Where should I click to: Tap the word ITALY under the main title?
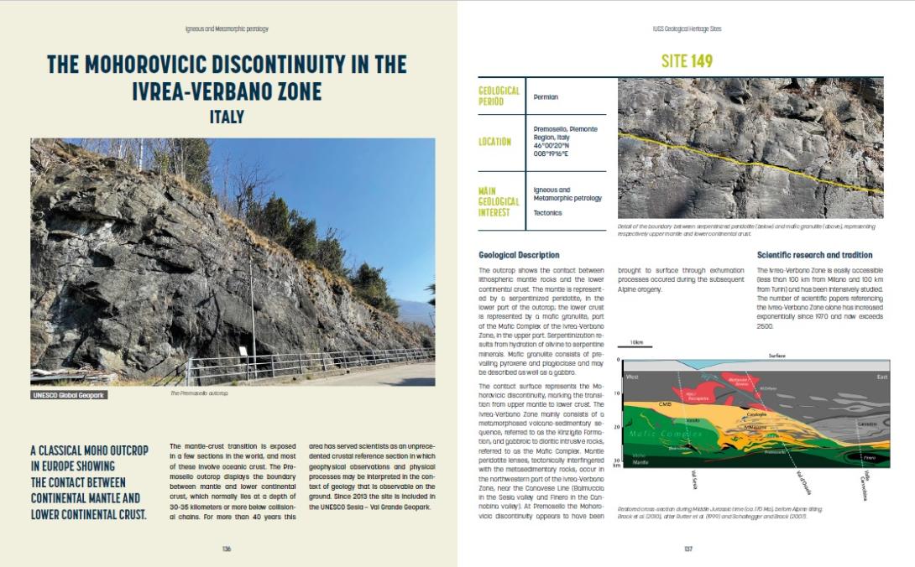pyautogui.click(x=227, y=117)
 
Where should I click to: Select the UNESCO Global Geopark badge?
pyautogui.click(x=70, y=394)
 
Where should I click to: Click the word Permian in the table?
pyautogui.click(x=546, y=97)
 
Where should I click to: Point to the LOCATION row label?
pyautogui.click(x=494, y=142)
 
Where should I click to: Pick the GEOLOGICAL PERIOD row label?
pyautogui.click(x=499, y=96)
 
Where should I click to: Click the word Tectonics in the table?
pyautogui.click(x=549, y=212)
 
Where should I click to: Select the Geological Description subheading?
pyautogui.click(x=519, y=255)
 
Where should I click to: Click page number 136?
pyautogui.click(x=227, y=549)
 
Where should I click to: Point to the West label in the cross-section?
pyautogui.click(x=633, y=377)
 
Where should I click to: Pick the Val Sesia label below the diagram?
pyautogui.click(x=672, y=481)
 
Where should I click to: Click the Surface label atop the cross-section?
pyautogui.click(x=776, y=356)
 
